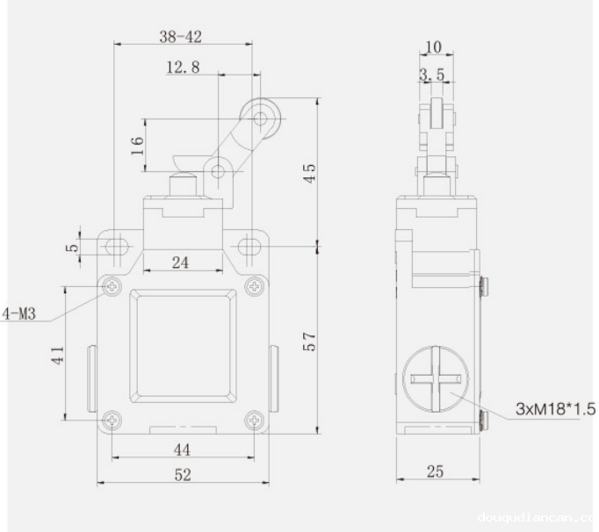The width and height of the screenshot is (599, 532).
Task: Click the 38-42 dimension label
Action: click(x=183, y=36)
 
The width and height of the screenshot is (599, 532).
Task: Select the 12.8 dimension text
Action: click(x=183, y=68)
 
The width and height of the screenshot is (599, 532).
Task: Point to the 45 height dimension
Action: click(x=309, y=172)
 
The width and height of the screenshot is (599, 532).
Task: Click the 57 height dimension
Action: click(x=309, y=340)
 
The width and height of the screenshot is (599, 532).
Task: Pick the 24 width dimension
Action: click(x=182, y=261)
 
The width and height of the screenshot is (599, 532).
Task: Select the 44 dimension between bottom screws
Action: click(x=183, y=449)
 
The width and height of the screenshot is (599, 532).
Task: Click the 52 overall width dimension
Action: click(x=183, y=474)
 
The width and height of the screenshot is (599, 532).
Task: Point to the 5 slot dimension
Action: click(x=76, y=246)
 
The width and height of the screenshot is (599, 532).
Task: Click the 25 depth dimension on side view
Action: click(x=435, y=472)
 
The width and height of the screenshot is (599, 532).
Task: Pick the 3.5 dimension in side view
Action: click(x=431, y=75)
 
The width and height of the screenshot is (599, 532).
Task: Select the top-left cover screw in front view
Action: click(x=113, y=286)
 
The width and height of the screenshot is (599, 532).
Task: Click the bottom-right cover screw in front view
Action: click(x=254, y=421)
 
